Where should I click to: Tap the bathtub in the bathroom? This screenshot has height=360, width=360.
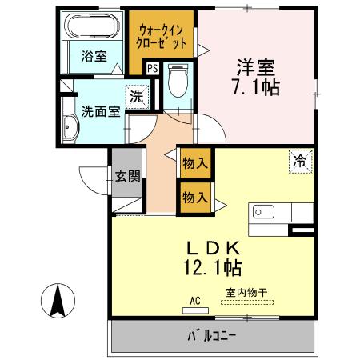(93, 26)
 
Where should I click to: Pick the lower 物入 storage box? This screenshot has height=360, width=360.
(195, 196)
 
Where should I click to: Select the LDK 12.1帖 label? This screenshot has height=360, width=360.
(213, 254)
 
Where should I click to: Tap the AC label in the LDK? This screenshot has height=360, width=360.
(194, 301)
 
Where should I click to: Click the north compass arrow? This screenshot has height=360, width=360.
(57, 300)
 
